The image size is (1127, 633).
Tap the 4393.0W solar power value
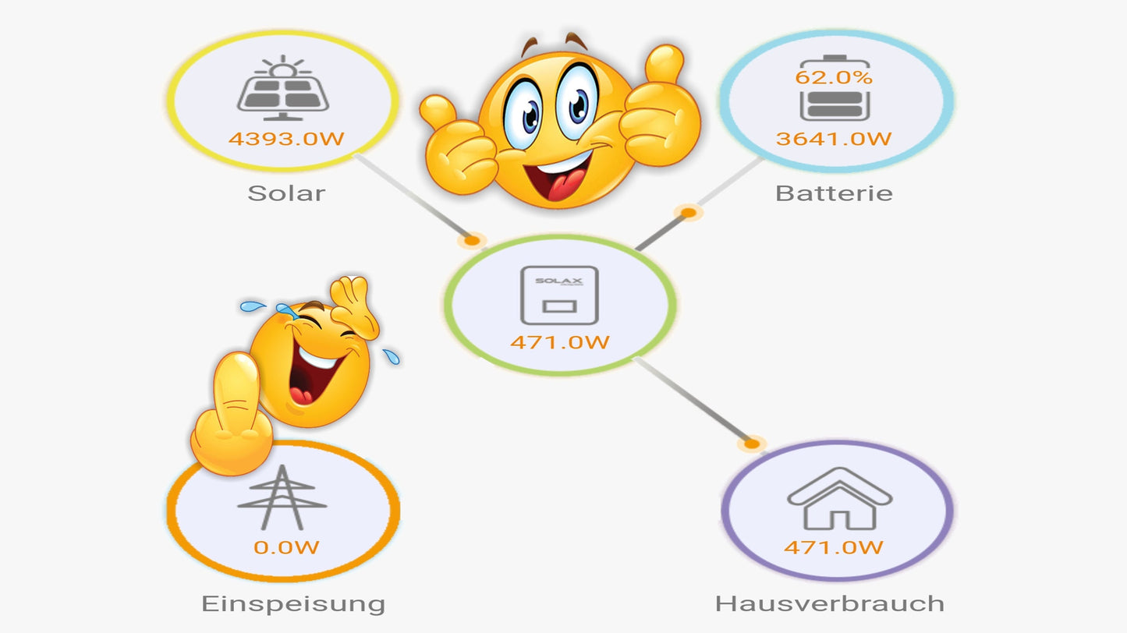(286, 140)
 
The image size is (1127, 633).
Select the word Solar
(286, 193)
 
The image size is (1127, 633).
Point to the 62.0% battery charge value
(834, 78)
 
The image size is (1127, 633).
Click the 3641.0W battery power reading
(834, 140)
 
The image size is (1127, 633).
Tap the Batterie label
(834, 193)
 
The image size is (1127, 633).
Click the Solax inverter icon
(559, 295)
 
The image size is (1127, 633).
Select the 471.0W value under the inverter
(559, 342)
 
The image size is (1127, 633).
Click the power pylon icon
(282, 498)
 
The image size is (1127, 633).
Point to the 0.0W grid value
(286, 547)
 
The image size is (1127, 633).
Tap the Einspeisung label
(293, 603)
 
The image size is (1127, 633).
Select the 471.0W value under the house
(834, 547)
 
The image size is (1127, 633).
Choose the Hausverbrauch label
(830, 603)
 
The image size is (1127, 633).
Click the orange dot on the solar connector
(471, 241)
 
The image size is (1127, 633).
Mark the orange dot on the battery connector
(688, 212)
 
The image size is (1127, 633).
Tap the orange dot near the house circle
(751, 444)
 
